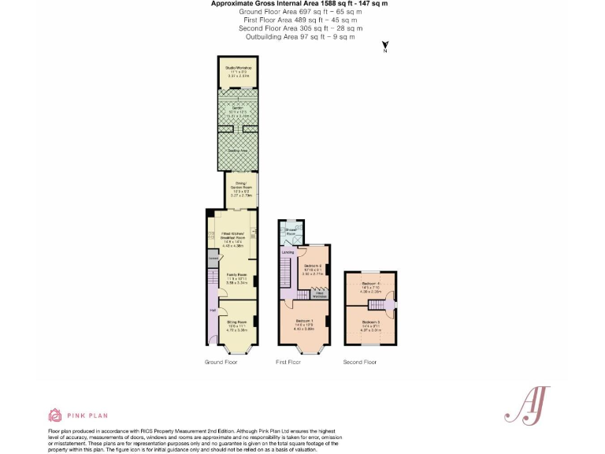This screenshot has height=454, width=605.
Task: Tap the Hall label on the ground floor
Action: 213,310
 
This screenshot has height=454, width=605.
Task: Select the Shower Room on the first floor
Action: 290,231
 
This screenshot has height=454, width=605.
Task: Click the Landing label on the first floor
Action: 288,252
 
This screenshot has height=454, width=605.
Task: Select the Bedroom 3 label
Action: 370,322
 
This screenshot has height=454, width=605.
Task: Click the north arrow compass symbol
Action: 384,47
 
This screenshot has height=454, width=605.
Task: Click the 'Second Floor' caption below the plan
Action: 359,362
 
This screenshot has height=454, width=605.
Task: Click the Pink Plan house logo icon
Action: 55,414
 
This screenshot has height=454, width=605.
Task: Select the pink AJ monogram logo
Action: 525,406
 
